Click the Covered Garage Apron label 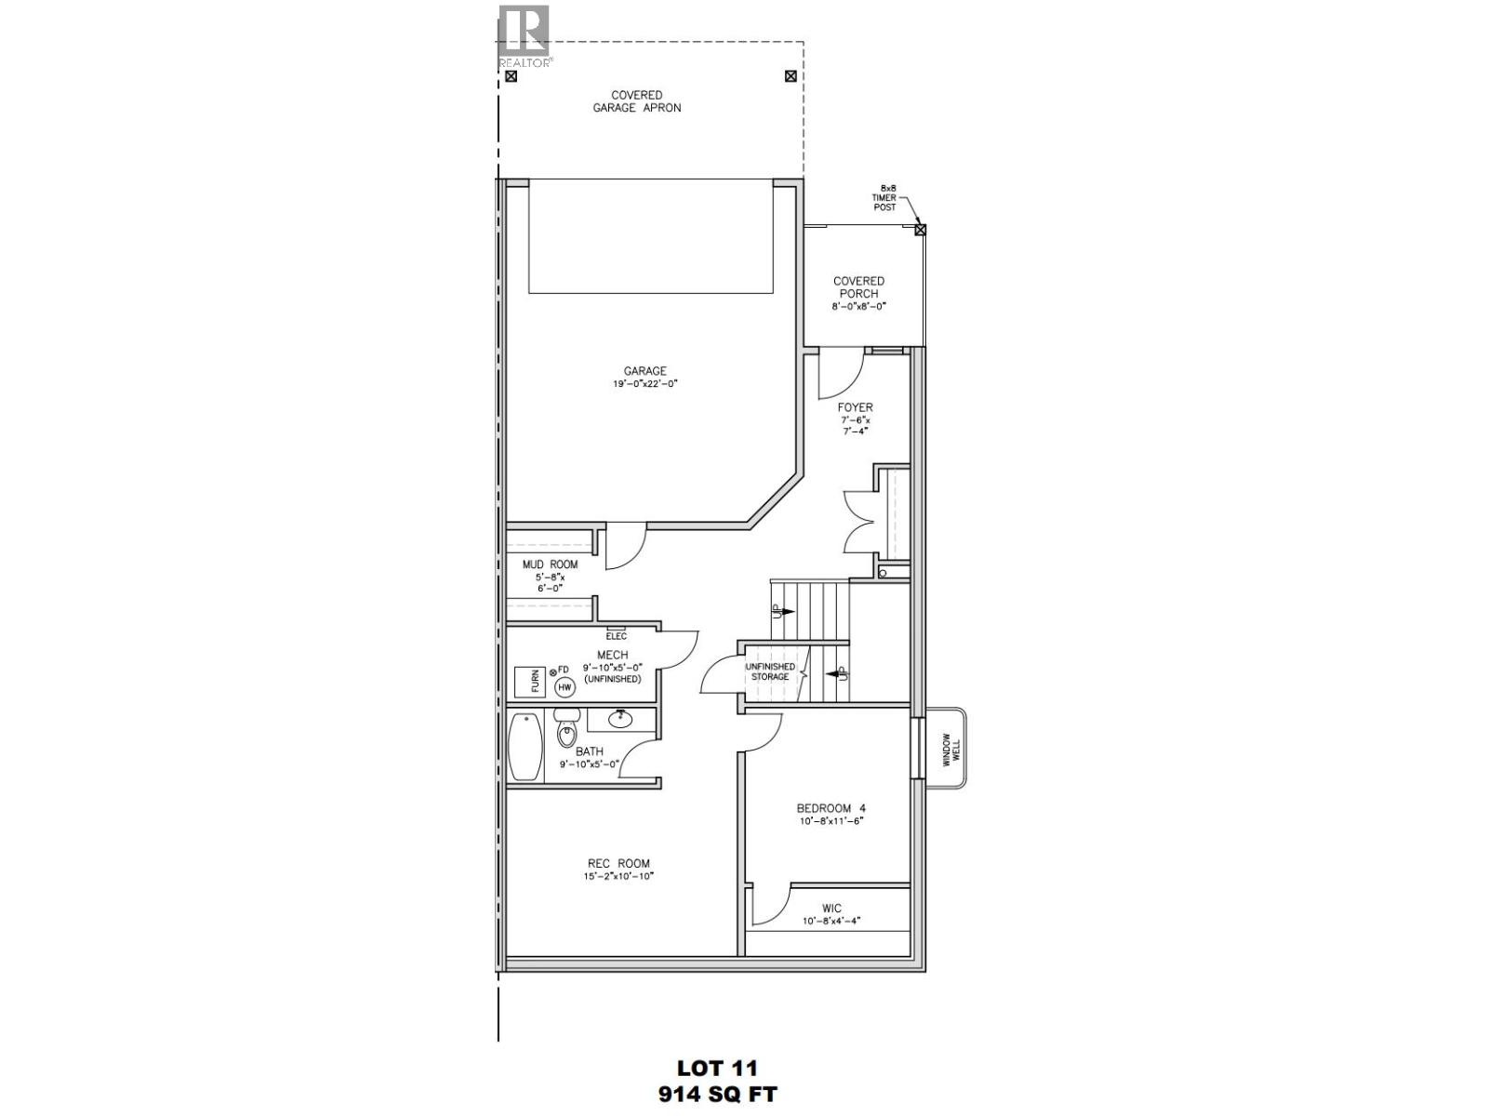point(636,101)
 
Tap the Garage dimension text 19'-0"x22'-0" point(645,384)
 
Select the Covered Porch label point(857,286)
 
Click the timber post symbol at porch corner point(920,229)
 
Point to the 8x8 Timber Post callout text point(884,197)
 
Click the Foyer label point(855,407)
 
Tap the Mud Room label point(550,565)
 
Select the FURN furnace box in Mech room point(532,682)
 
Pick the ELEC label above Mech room point(616,636)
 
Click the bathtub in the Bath point(525,747)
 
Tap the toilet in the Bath point(566,731)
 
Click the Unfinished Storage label point(770,671)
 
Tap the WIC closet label point(831,909)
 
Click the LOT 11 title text point(717,1068)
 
